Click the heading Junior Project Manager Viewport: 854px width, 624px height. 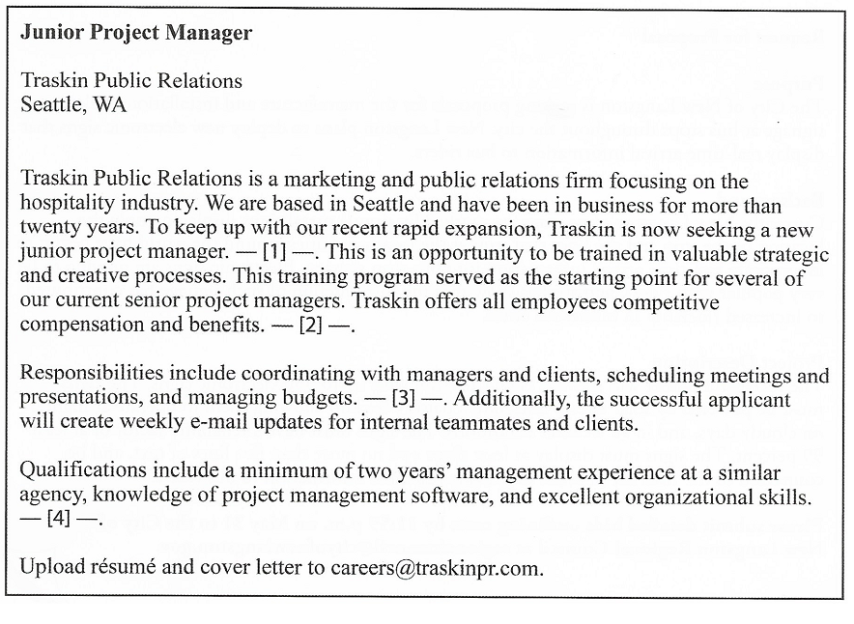[136, 33]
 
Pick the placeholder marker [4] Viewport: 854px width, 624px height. [60, 519]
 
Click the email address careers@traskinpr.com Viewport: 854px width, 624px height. [436, 567]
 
